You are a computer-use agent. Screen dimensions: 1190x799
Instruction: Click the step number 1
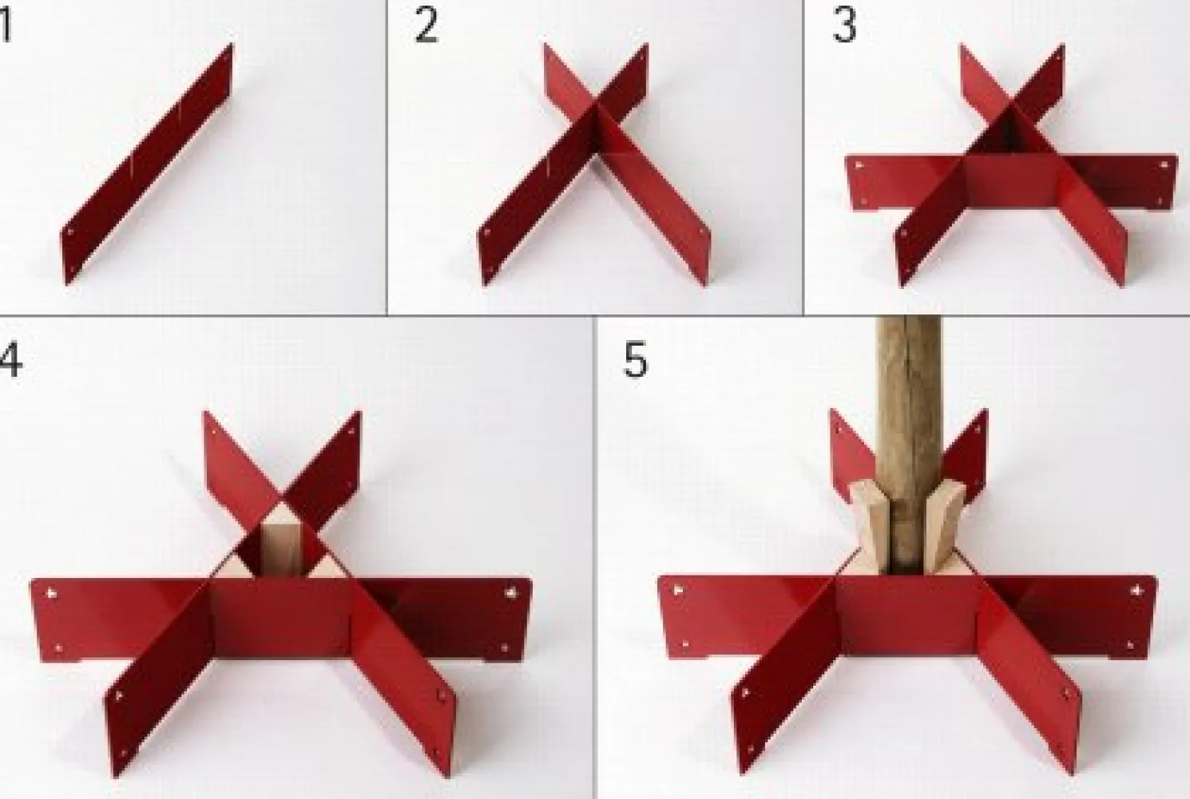[x=6, y=26]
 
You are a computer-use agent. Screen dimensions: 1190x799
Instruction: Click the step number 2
[x=426, y=26]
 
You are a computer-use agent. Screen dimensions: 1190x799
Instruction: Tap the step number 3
[x=844, y=26]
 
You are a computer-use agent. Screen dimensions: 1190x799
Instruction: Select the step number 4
[x=10, y=361]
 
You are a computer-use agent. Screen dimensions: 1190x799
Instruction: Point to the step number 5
[x=636, y=361]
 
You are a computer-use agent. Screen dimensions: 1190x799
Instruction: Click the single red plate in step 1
[x=147, y=164]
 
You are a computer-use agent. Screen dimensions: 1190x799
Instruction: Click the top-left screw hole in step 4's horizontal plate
[x=52, y=593]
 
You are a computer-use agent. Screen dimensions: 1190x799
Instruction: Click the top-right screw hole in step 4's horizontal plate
[x=510, y=592]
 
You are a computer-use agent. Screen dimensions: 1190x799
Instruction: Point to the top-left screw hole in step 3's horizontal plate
[x=859, y=165]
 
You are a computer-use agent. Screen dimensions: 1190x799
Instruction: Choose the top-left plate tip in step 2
[x=545, y=45]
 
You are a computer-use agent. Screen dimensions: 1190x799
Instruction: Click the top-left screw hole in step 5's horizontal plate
[x=678, y=590]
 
